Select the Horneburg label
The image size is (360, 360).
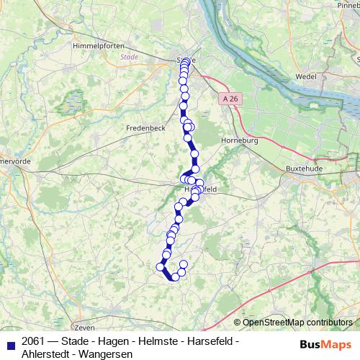click(x=239, y=140)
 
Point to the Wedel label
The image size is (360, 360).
click(x=305, y=75)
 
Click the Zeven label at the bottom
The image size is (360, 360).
click(x=84, y=327)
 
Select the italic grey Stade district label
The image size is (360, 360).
click(x=129, y=57)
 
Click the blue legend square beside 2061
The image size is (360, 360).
click(x=9, y=341)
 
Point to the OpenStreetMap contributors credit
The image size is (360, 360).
click(x=297, y=322)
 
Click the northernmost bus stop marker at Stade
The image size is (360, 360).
click(x=186, y=61)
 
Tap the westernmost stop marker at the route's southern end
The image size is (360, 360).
click(x=160, y=267)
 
